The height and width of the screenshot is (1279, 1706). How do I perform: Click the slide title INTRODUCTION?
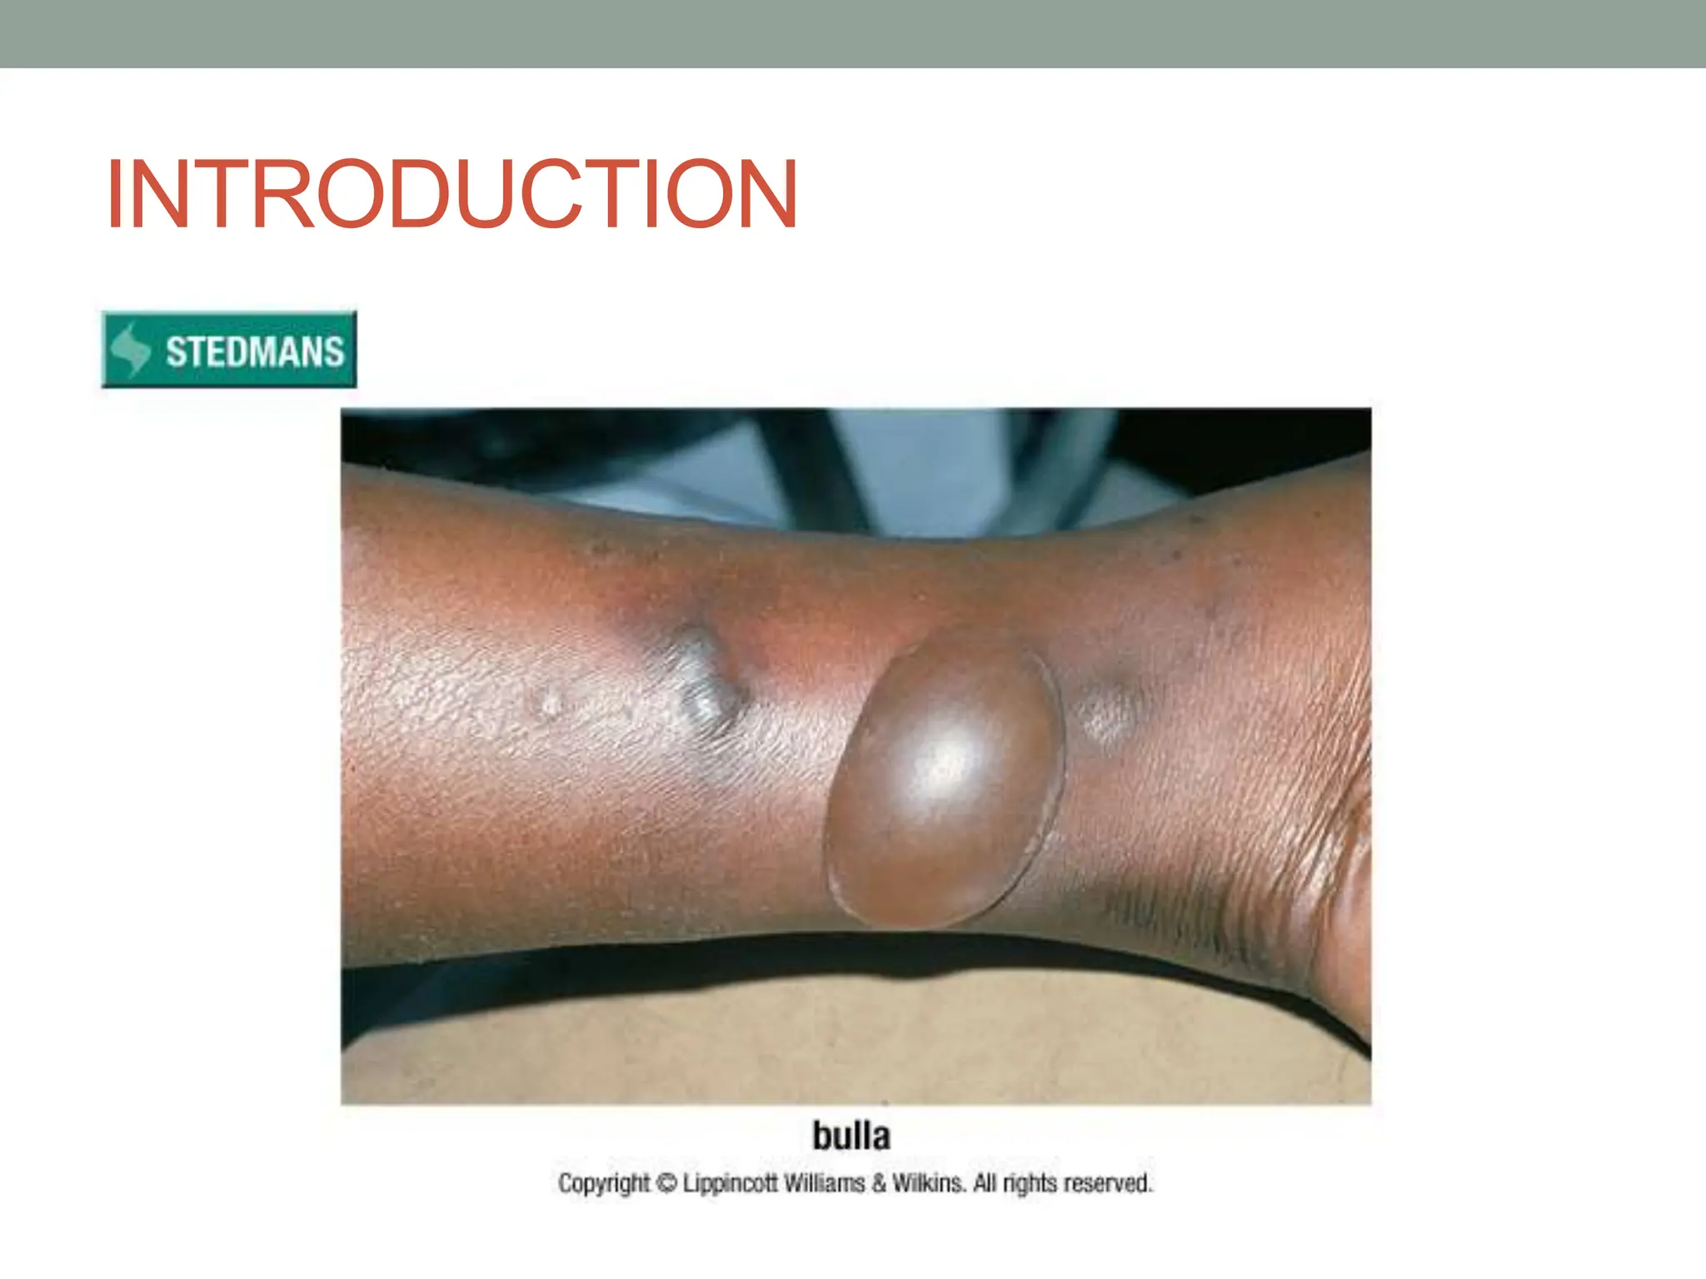point(451,194)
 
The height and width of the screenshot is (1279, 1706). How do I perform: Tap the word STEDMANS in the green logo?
point(255,351)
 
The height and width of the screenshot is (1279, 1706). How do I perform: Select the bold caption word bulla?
point(851,1136)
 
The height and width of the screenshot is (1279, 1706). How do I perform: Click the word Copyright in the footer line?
point(604,1183)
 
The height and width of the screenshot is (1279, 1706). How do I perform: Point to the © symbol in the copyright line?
point(667,1183)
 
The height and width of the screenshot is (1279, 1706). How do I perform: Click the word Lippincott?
point(732,1183)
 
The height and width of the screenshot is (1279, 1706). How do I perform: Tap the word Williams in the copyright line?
point(827,1183)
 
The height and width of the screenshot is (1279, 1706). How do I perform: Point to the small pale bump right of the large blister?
point(1108,713)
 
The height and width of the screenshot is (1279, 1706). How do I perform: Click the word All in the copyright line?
point(985,1183)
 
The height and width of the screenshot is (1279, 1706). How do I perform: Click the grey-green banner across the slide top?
point(853,33)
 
